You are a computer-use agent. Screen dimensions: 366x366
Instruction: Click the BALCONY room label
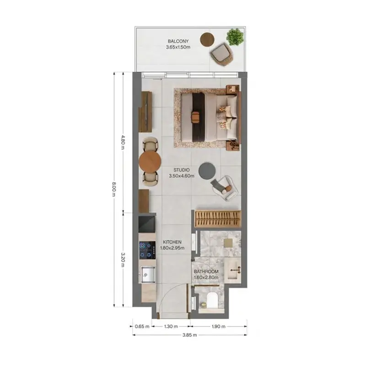[x=178, y=41]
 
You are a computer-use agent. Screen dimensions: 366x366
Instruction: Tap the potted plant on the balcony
[x=235, y=37]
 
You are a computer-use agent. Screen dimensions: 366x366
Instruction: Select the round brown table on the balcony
[x=207, y=39]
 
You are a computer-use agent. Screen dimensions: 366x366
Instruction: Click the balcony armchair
[x=221, y=54]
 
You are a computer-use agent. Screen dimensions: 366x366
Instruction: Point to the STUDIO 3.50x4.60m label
[x=182, y=173]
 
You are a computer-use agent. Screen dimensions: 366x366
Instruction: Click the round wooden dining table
[x=150, y=161]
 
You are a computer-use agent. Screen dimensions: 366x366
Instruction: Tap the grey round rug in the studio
[x=207, y=171]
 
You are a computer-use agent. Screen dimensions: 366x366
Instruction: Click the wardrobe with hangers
[x=218, y=219]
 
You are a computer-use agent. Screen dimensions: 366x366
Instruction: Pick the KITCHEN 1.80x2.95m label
[x=172, y=245]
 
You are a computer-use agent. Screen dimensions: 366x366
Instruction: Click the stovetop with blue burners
[x=147, y=250]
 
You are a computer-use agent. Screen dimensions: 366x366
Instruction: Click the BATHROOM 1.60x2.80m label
[x=206, y=274]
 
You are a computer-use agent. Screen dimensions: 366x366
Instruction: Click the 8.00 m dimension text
[x=114, y=189]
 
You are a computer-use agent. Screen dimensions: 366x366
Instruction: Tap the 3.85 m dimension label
[x=189, y=335]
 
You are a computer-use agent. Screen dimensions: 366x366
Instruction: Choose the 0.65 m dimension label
[x=142, y=326]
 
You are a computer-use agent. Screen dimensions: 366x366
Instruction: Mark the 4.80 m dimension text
[x=123, y=143]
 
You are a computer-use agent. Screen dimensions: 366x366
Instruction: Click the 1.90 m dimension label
[x=219, y=326]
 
